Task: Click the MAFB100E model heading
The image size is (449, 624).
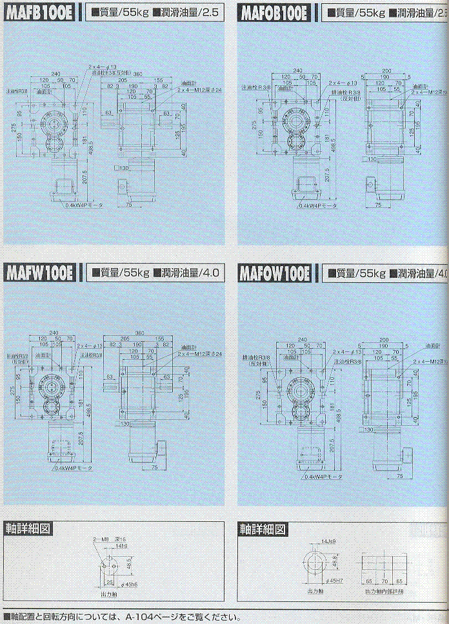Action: [40, 12]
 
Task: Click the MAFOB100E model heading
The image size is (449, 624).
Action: [275, 12]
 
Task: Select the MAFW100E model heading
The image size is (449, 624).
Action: [40, 273]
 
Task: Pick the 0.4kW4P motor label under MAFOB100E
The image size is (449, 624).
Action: [321, 206]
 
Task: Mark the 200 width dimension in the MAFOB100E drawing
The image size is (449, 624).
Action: [386, 70]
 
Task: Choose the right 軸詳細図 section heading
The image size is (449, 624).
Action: [262, 528]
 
